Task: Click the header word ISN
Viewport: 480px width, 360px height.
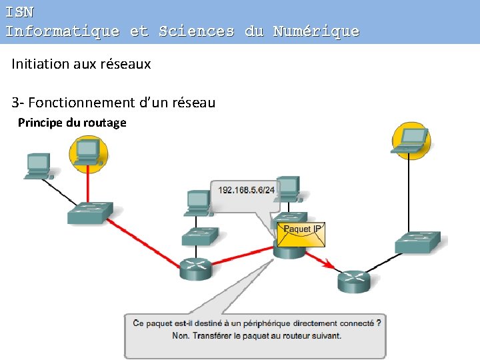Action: click(x=19, y=12)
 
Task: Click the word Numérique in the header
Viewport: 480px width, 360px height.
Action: click(x=315, y=31)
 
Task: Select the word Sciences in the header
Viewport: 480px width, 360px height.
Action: click(x=197, y=31)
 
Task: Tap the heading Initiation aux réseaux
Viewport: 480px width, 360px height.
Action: click(x=81, y=64)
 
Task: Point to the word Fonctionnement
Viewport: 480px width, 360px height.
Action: click(x=80, y=103)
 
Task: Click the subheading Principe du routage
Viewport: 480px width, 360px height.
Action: click(x=72, y=123)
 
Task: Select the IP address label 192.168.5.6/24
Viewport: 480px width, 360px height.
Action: click(x=246, y=190)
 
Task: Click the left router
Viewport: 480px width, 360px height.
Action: click(x=196, y=267)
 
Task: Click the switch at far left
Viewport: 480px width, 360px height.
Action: click(x=90, y=211)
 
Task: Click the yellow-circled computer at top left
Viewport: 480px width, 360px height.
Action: click(x=88, y=153)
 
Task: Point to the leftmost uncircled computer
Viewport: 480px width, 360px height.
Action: click(x=39, y=165)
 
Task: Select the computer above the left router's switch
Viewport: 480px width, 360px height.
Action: click(x=199, y=203)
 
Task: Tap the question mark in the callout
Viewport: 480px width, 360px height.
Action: click(x=379, y=323)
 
